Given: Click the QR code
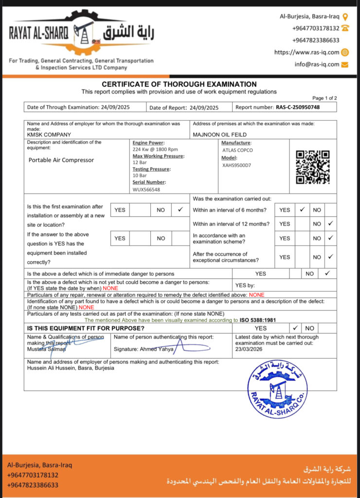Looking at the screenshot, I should pos(313,167).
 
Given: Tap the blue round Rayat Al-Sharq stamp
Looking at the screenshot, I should pos(277,390).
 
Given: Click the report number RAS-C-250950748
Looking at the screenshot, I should pos(298,107).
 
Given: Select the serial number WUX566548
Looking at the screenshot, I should pos(146,190).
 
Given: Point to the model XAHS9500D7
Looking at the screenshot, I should pos(236,165).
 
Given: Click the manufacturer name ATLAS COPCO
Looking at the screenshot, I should pos(237,150).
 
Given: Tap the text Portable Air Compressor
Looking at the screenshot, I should pos(61,160).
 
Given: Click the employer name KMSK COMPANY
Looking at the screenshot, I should pos(49,135).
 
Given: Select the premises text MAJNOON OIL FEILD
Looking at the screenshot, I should pos(220,135).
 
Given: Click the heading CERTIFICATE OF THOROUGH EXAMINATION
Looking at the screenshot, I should pos(179,84).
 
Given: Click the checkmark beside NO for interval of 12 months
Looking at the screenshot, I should pos(330,224).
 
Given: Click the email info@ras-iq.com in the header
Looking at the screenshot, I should pos(316,64).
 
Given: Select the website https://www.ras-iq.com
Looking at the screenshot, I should pos(306,52).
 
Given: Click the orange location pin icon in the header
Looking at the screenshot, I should pos(345,17).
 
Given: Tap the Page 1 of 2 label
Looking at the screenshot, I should pos(324,98).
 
